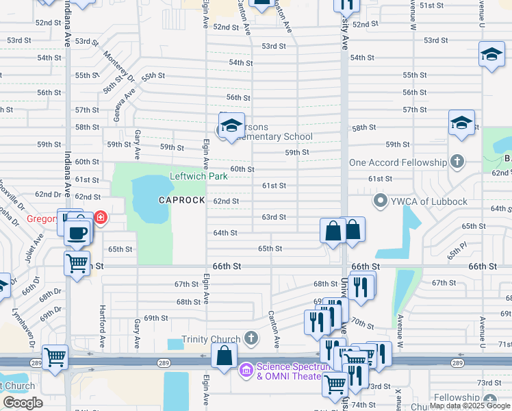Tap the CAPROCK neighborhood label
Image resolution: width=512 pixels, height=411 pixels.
pos(182,200)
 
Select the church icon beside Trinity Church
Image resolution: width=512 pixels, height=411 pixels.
pos(251,338)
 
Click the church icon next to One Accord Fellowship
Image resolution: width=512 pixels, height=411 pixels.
pos(457,162)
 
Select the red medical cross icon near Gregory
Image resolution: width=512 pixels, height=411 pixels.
pos(101,218)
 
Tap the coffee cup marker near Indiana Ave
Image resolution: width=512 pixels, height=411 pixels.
pos(77,232)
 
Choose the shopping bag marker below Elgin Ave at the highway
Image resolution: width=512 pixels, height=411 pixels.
pos(224,356)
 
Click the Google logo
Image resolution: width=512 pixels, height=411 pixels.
pos(23,403)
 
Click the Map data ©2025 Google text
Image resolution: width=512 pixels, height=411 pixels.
pos(470,406)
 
